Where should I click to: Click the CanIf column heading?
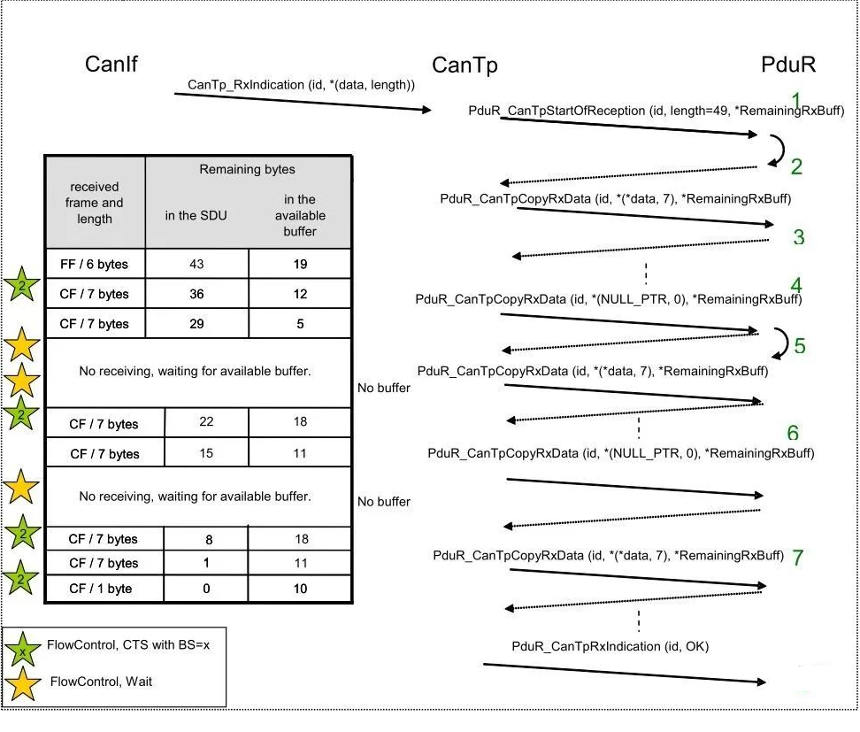[x=111, y=64]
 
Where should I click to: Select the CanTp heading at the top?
[x=465, y=65]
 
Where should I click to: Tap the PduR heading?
[x=788, y=65]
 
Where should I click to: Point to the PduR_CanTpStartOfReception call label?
[x=656, y=111]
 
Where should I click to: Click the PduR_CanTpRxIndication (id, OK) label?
[x=610, y=646]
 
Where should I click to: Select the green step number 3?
[x=799, y=237]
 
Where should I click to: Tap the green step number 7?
[x=798, y=558]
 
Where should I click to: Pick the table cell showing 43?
[x=197, y=264]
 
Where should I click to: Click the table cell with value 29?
[x=197, y=324]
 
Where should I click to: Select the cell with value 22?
[x=206, y=422]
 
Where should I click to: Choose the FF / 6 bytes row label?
[x=95, y=264]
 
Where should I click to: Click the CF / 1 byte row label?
[x=100, y=589]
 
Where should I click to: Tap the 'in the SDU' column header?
[x=196, y=216]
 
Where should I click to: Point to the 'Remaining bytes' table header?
[x=248, y=169]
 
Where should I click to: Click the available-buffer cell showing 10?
[x=300, y=589]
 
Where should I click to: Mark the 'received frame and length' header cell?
[x=95, y=203]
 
